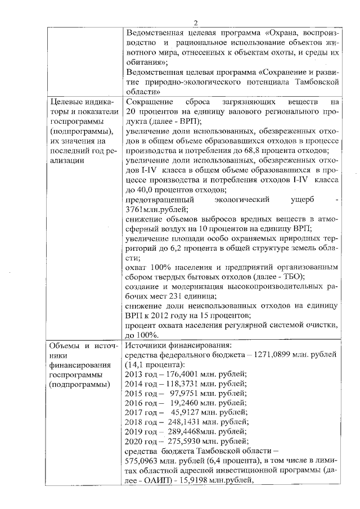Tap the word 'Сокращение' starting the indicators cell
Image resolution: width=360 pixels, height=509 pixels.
pyautogui.click(x=149, y=103)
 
